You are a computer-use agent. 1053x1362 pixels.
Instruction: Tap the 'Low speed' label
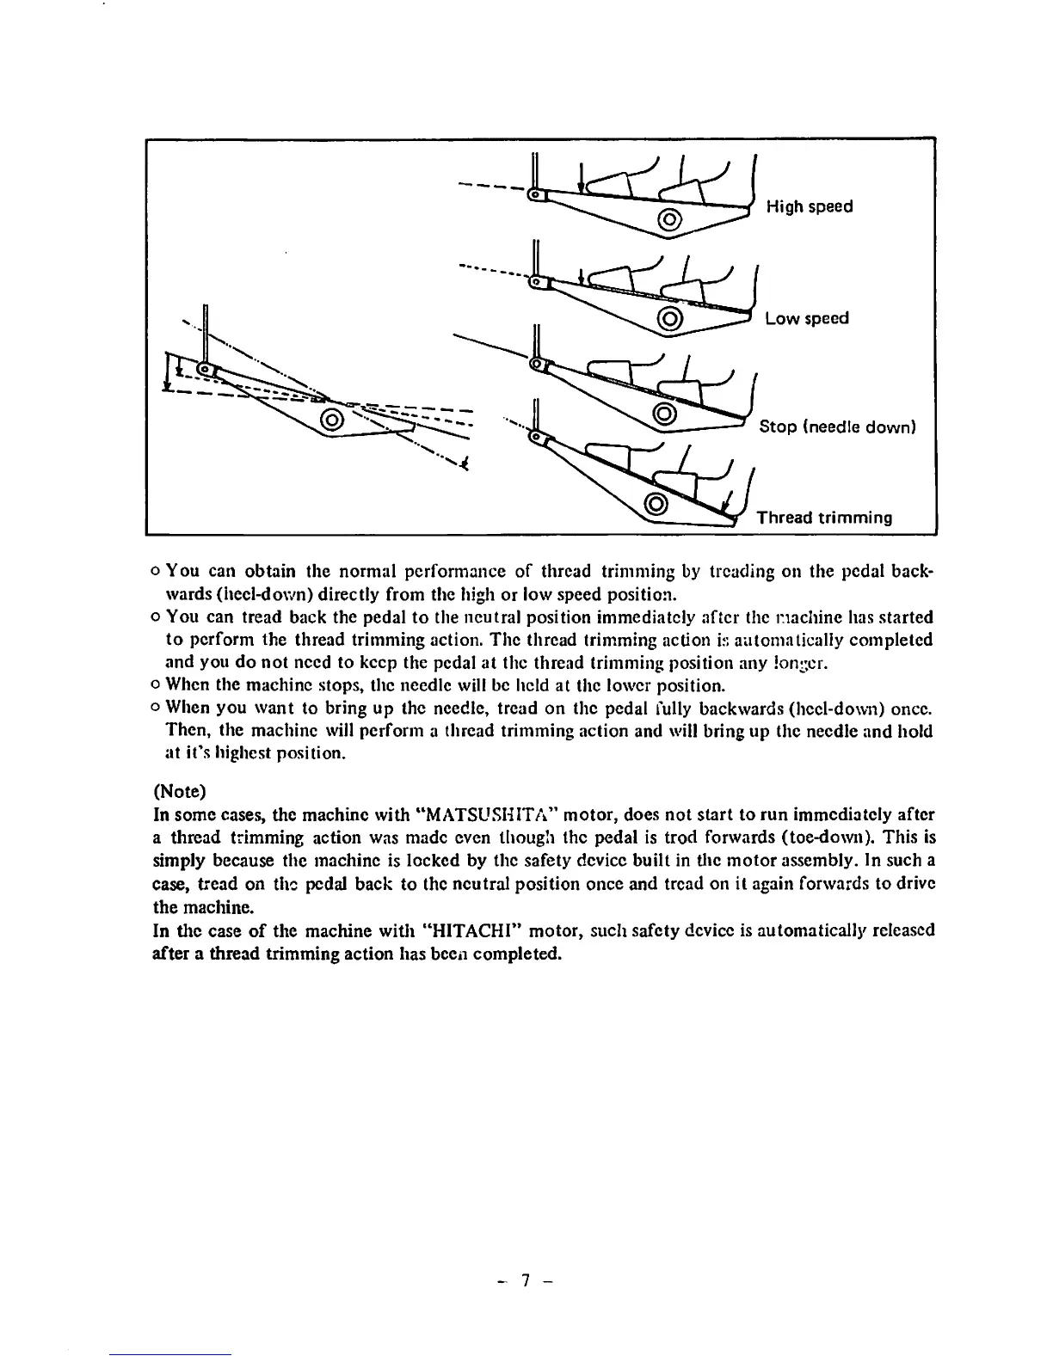(806, 318)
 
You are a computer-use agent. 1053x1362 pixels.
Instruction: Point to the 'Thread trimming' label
(823, 518)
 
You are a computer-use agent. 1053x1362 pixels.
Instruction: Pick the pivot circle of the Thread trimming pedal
(656, 503)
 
